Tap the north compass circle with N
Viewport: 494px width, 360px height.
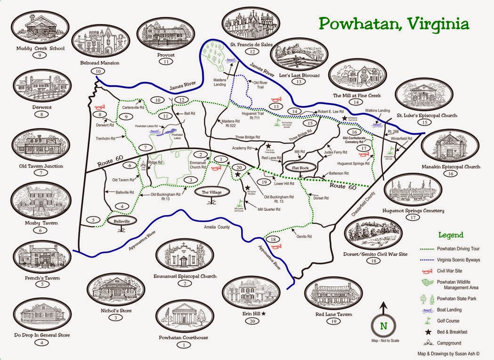[x=384, y=325]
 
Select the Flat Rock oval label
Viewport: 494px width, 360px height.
[x=300, y=168]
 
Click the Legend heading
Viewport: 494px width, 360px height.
[x=451, y=235]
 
